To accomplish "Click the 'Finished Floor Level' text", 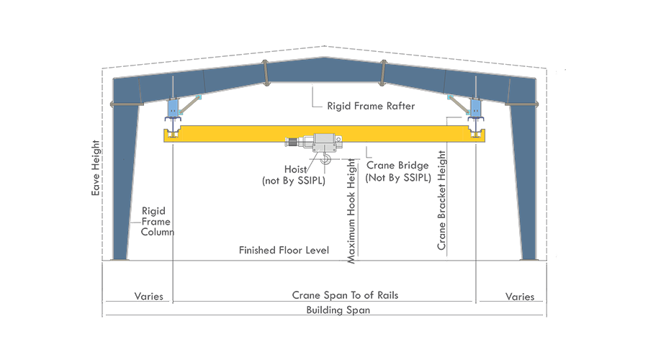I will tap(284, 251).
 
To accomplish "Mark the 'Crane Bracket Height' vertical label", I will tap(441, 202).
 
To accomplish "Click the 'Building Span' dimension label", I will tap(338, 310).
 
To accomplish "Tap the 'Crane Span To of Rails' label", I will tap(345, 295).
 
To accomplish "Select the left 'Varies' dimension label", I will tap(149, 296).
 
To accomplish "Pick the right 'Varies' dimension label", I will tap(519, 296).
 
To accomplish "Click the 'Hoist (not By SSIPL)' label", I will tap(293, 176).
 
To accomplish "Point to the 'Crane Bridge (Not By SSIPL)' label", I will tap(397, 171).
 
